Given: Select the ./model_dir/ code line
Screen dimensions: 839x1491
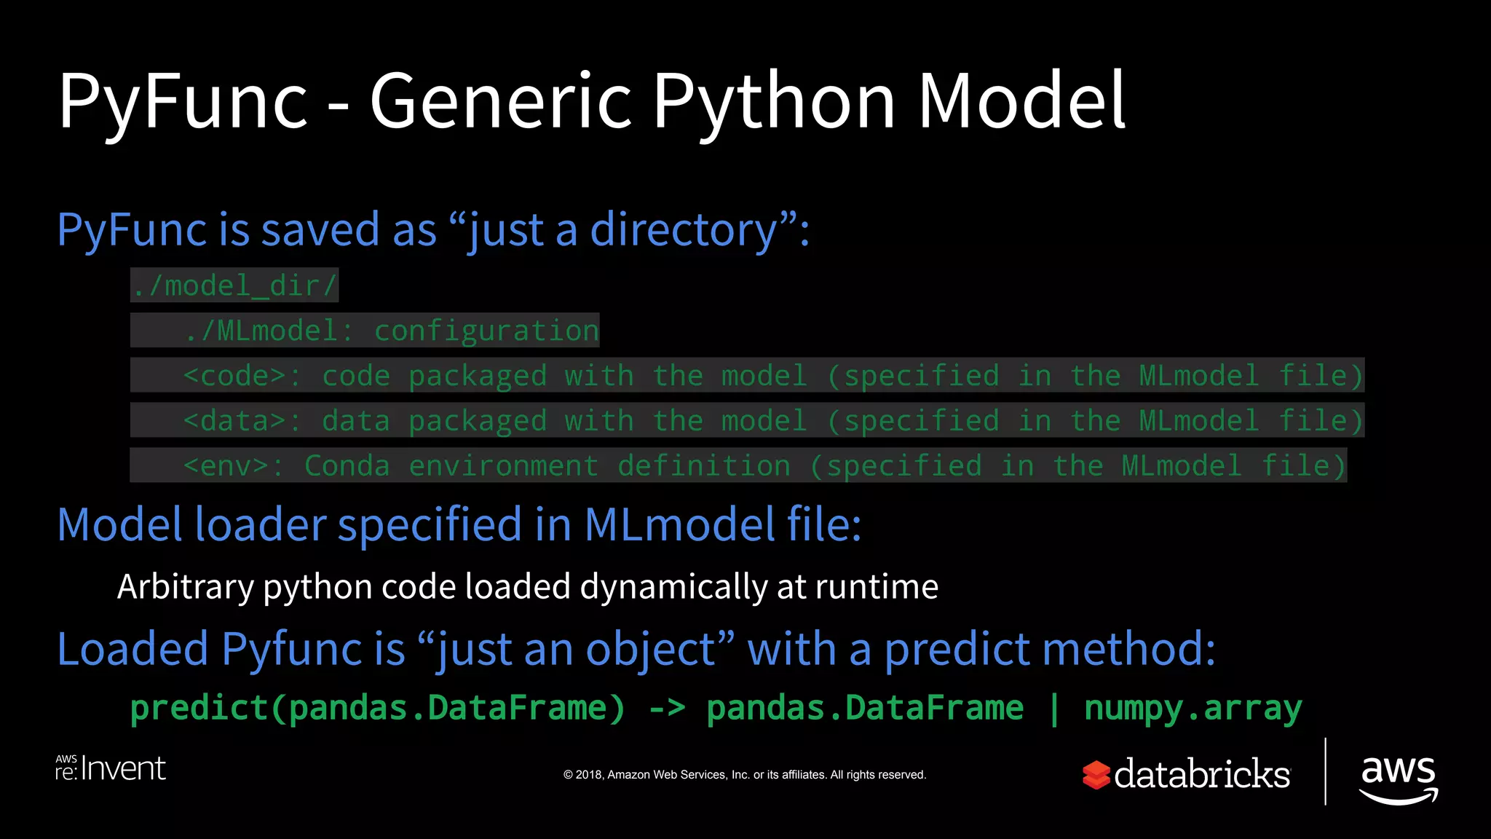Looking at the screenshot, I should coord(234,285).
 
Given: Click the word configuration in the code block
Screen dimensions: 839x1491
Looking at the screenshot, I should coord(486,331).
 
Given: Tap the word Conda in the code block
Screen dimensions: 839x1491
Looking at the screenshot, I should coord(347,466).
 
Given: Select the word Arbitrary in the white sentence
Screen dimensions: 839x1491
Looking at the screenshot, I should coord(186,587).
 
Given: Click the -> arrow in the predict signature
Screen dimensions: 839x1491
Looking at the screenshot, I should coord(666,708).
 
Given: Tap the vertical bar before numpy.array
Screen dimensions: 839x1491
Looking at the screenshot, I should coord(1053,708).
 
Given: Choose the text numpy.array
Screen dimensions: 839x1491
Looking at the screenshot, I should coord(1193,708).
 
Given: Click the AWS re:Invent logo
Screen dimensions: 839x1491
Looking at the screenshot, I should coord(111,769).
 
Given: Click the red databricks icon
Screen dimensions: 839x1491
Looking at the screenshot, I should coord(1096,775).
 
